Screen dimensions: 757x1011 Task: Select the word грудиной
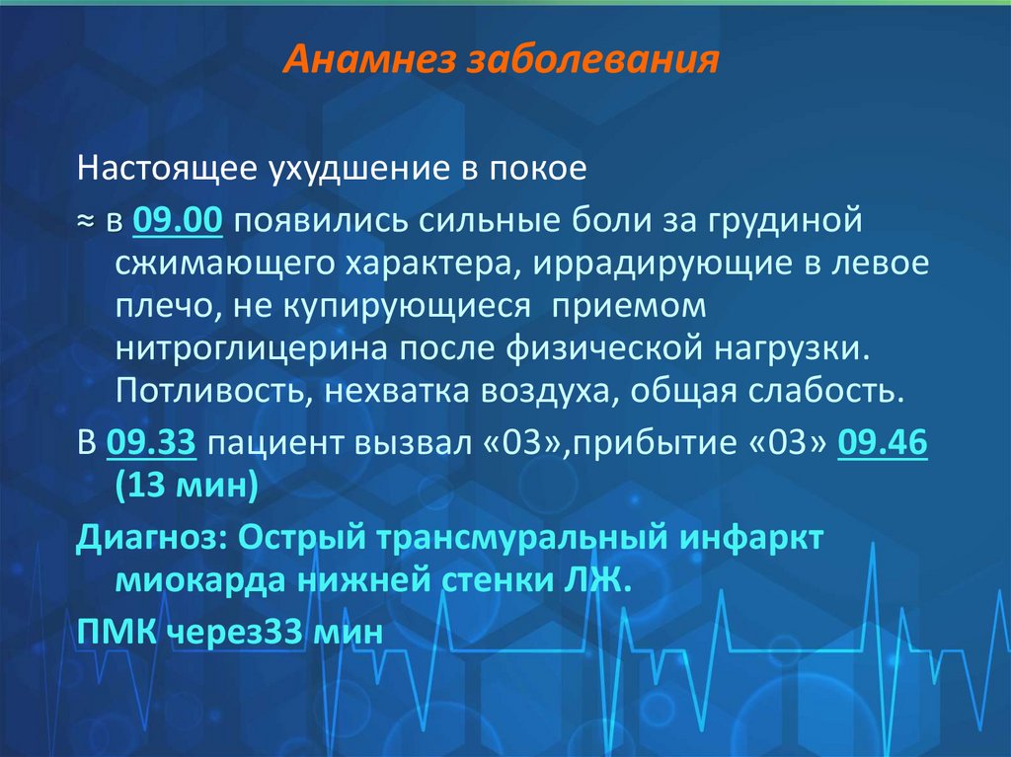click(798, 220)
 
